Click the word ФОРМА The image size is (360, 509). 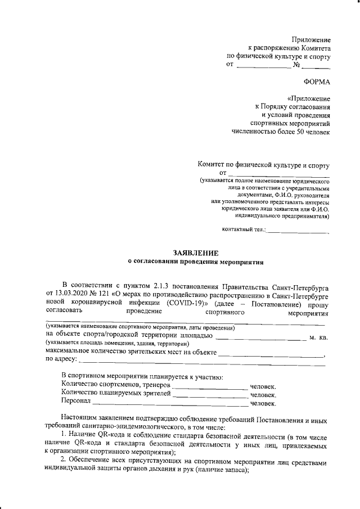click(x=317, y=83)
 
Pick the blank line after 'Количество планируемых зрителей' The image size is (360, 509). click(x=210, y=396)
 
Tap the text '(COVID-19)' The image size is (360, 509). click(x=186, y=302)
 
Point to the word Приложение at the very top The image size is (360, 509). click(x=311, y=40)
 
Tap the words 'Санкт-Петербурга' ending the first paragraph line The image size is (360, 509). click(x=302, y=285)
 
